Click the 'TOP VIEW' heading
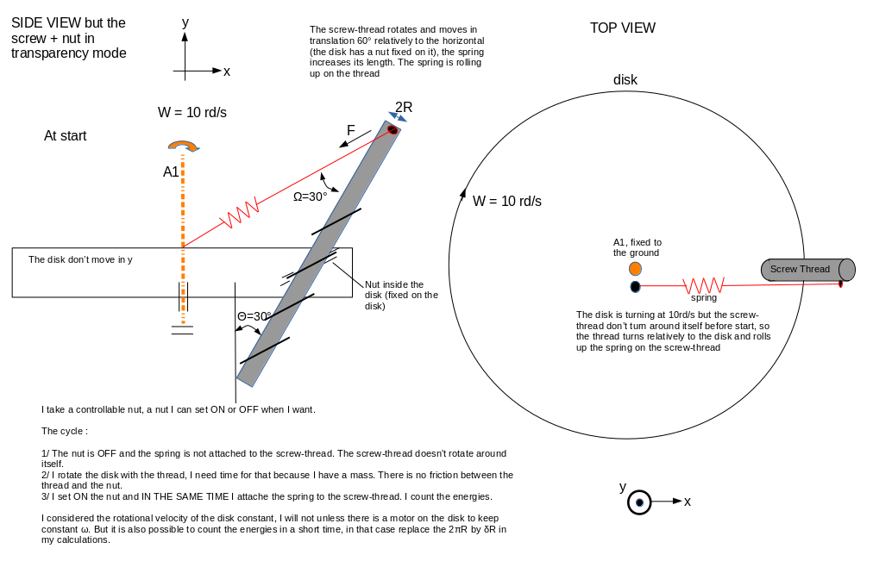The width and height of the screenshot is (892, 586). tap(622, 28)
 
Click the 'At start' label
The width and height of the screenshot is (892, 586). tap(65, 136)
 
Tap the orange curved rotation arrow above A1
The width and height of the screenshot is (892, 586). tap(183, 146)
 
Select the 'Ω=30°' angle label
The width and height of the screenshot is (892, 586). tap(310, 196)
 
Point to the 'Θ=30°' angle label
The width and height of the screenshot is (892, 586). tap(254, 316)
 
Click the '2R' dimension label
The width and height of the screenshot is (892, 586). tap(403, 107)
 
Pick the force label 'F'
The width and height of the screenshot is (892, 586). tap(350, 131)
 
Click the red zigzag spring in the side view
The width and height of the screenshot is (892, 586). tap(240, 214)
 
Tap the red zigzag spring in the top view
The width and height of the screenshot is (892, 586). tap(703, 284)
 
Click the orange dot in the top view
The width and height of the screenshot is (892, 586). tap(635, 269)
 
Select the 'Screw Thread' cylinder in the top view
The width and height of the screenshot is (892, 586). tap(807, 270)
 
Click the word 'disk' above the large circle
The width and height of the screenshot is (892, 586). tap(625, 80)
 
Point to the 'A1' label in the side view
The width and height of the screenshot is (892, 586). tap(171, 172)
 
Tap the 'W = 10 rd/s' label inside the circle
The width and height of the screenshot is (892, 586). tap(506, 202)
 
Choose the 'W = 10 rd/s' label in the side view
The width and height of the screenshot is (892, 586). tap(192, 113)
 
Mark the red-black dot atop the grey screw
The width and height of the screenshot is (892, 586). tap(392, 130)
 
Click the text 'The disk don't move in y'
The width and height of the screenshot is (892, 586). tap(80, 259)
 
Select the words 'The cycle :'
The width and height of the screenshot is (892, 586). tap(64, 431)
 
